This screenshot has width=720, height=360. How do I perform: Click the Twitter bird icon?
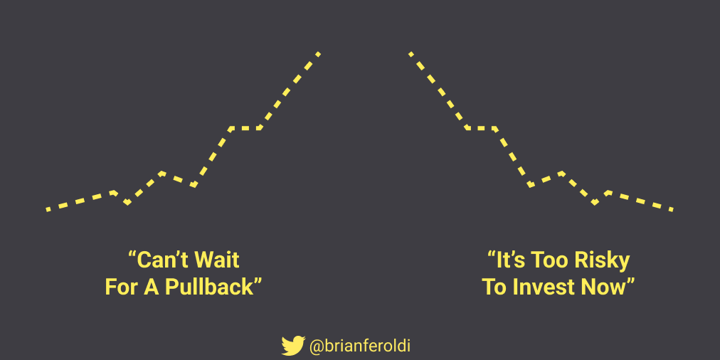tap(292, 346)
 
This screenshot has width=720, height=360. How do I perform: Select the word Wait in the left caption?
tap(218, 260)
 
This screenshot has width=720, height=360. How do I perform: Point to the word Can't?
tap(159, 260)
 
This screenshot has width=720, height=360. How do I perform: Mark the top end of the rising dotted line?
tap(318, 53)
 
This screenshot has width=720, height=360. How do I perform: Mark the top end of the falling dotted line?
tap(411, 53)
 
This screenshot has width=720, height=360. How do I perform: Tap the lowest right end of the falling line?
tap(671, 209)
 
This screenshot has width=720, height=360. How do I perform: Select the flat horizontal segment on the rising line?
tap(245, 128)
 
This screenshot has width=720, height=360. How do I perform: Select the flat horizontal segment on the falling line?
tap(481, 128)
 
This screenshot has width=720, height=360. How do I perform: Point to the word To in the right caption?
tap(494, 287)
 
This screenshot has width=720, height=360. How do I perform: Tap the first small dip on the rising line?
tap(127, 203)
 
